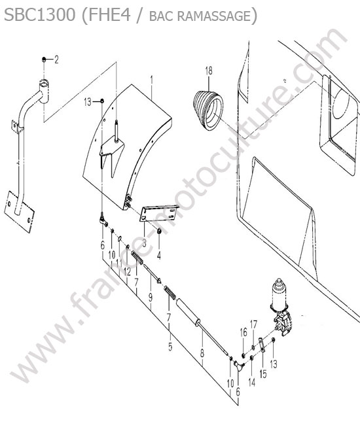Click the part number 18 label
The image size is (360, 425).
(209, 71)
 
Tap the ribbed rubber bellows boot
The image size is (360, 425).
(208, 110)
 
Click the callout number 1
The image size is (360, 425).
(152, 80)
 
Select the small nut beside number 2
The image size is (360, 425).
(44, 59)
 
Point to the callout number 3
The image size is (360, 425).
(144, 243)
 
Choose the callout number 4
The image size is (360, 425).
(159, 255)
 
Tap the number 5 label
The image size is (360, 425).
(170, 347)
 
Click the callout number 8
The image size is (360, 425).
(202, 354)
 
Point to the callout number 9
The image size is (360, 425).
(151, 297)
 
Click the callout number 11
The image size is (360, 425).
(119, 263)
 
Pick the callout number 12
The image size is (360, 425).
(127, 272)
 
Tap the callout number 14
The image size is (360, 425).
(252, 382)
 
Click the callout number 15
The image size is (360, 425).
(263, 374)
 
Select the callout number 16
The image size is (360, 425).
(243, 332)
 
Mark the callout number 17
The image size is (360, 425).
(253, 324)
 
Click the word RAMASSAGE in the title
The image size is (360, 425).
(214, 16)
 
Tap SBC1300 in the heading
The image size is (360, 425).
(40, 15)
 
